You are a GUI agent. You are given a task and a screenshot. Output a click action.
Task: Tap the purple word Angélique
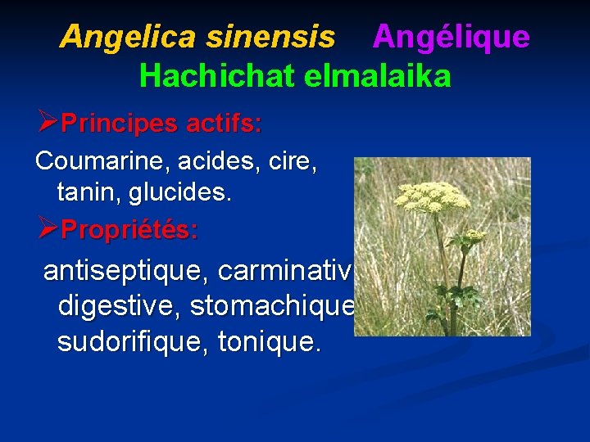(x=451, y=37)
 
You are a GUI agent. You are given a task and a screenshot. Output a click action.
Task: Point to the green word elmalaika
(x=377, y=76)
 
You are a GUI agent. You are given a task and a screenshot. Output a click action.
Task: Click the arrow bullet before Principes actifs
(x=47, y=124)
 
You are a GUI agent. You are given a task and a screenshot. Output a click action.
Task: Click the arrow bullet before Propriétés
(x=47, y=229)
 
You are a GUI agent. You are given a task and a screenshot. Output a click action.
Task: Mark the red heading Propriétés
(x=129, y=229)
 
